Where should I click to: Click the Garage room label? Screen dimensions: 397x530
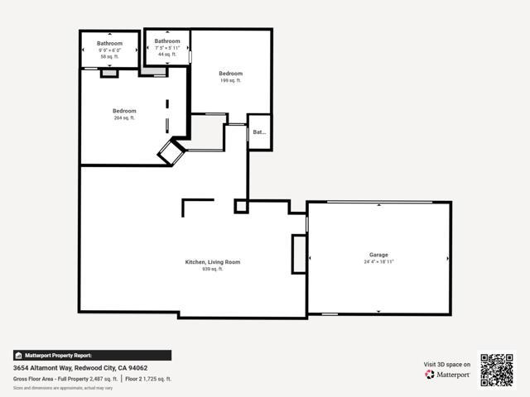(x=378, y=255)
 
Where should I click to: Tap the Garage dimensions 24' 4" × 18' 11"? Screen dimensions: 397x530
(x=378, y=262)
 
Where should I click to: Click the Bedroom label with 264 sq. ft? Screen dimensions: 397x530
(x=124, y=111)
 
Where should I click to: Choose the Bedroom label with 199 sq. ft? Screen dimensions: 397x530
(x=230, y=74)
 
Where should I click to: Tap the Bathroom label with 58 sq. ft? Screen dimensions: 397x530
(x=109, y=43)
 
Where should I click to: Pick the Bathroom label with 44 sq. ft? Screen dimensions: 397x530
(x=167, y=41)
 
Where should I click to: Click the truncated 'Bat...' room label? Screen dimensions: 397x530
(x=259, y=132)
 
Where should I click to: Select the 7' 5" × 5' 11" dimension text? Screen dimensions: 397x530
(x=167, y=48)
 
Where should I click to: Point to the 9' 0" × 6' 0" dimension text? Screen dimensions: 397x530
(x=109, y=50)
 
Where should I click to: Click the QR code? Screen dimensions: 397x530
(x=498, y=370)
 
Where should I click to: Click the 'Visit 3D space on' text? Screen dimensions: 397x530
(x=447, y=364)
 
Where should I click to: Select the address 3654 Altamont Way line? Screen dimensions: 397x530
(x=80, y=368)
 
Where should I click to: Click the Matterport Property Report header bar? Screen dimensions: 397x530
(x=92, y=356)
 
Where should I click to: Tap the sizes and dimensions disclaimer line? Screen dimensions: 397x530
(x=63, y=387)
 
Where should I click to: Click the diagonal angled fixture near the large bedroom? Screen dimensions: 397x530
(x=172, y=152)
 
